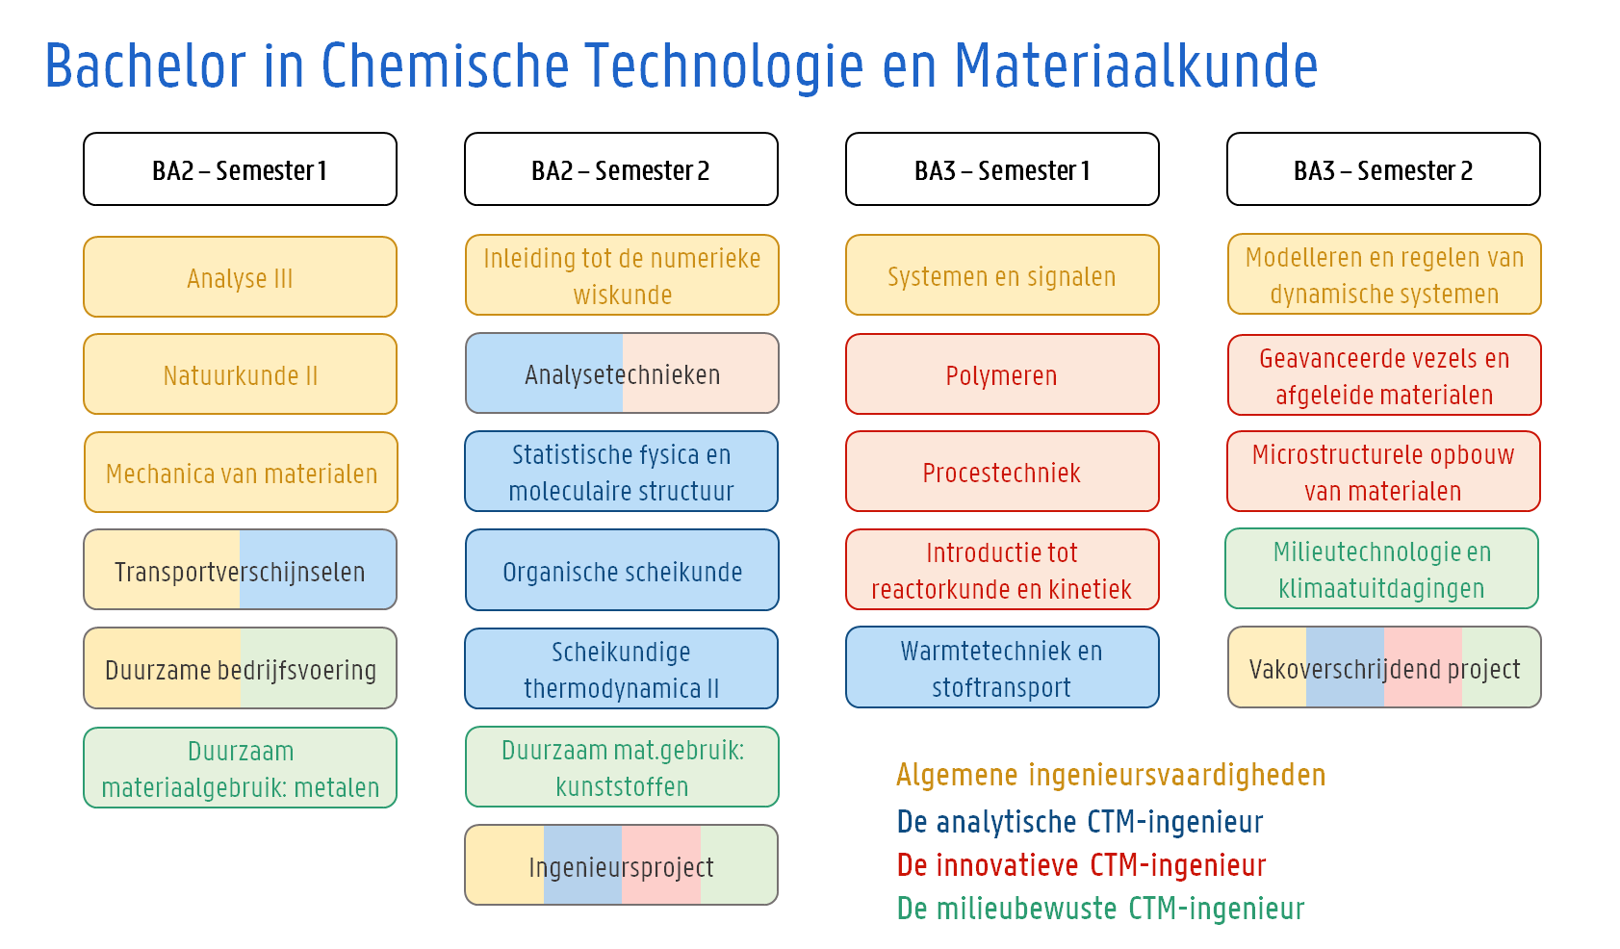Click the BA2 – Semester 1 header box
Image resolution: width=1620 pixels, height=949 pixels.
[240, 169]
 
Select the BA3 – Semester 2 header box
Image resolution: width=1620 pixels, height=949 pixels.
[1383, 169]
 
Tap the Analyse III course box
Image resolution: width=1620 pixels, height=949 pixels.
[240, 277]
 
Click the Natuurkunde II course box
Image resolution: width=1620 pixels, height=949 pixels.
[240, 374]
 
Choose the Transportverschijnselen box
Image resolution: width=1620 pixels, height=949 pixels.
[240, 570]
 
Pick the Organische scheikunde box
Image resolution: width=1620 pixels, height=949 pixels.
[622, 570]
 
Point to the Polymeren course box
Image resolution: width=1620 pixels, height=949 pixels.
[1002, 374]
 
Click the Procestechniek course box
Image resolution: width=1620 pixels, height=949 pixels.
[1002, 472]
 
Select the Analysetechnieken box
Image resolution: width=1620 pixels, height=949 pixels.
[622, 373]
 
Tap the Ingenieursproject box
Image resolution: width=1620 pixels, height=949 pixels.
[622, 865]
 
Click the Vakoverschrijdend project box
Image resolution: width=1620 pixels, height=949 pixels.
[1384, 668]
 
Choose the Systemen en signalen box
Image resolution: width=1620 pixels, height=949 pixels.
[1002, 275]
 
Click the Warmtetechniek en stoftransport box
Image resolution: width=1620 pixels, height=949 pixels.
[1002, 668]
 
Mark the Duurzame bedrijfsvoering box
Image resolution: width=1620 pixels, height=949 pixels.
[240, 668]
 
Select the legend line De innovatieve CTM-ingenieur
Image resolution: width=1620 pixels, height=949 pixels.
[1081, 865]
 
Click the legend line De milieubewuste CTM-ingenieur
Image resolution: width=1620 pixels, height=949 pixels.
[1101, 909]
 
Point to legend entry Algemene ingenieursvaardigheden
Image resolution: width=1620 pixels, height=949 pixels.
[1111, 776]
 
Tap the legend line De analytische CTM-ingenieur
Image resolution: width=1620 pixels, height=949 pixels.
[1080, 822]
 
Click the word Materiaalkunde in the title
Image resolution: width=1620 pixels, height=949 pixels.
[1136, 65]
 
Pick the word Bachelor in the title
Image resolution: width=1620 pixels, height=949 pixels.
[145, 65]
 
